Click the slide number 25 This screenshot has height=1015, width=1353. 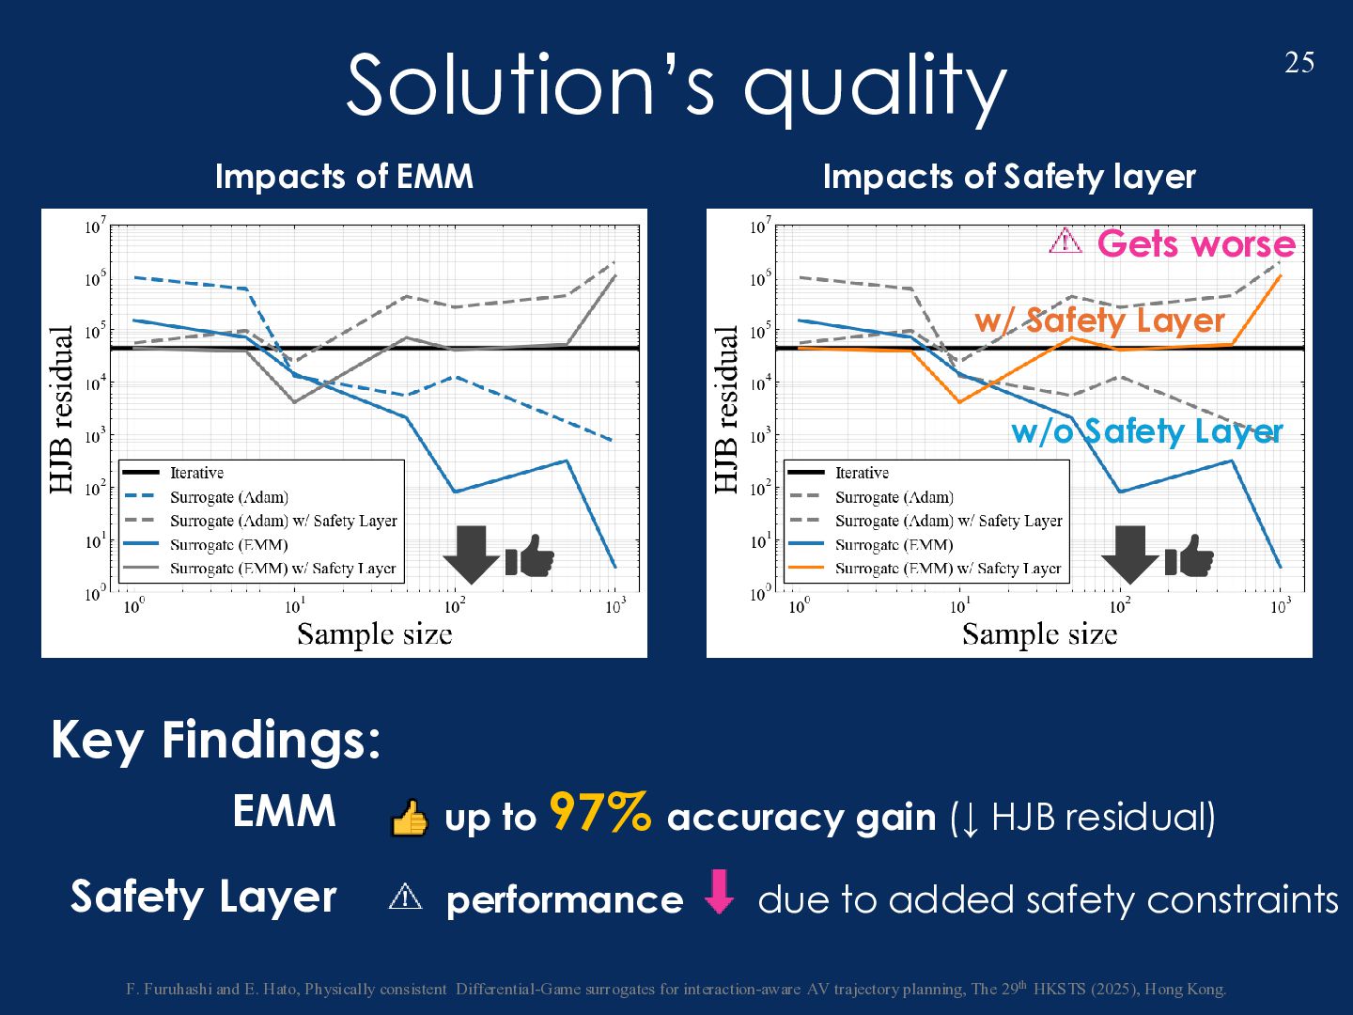[x=1299, y=63]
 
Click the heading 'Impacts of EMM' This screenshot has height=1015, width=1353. [x=344, y=177]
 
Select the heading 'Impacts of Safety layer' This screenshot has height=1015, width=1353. [x=1008, y=177]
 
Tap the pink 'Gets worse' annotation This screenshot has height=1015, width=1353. [x=1195, y=244]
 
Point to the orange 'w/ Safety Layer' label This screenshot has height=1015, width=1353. [x=1099, y=320]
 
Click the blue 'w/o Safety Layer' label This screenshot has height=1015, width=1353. [x=1146, y=431]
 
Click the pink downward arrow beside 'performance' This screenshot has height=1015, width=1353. [x=720, y=892]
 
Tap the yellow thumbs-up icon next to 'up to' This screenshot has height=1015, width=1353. [x=409, y=819]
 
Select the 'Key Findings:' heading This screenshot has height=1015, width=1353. [x=216, y=740]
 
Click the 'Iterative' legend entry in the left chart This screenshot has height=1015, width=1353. [x=196, y=473]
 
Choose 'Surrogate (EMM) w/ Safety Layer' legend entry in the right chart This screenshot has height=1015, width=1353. [x=947, y=569]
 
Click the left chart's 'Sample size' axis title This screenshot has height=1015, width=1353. [x=374, y=634]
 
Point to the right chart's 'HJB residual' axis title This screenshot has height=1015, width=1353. [x=726, y=410]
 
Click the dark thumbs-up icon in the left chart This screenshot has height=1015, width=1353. [x=530, y=555]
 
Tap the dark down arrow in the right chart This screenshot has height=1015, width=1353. [x=1129, y=554]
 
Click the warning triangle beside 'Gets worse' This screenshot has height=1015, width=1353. [x=1065, y=242]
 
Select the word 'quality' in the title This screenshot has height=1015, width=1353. [x=874, y=86]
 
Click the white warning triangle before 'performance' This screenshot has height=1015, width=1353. [x=405, y=897]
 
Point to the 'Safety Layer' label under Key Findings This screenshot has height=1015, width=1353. [x=203, y=897]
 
